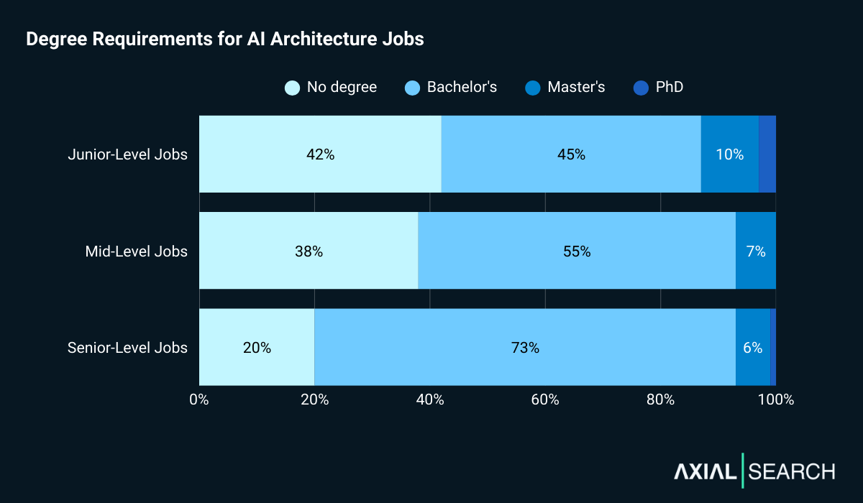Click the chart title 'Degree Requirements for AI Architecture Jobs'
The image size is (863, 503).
(x=224, y=40)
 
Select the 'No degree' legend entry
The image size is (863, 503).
(x=331, y=88)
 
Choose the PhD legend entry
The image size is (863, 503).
(x=658, y=88)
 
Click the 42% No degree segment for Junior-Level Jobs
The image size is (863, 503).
(x=320, y=154)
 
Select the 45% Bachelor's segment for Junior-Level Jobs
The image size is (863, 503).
(x=571, y=154)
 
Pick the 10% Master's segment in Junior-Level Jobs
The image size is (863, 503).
(x=729, y=154)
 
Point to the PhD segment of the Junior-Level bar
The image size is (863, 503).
(x=767, y=154)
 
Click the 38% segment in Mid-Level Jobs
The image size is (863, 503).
(x=309, y=251)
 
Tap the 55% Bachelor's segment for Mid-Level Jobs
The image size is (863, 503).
(x=577, y=251)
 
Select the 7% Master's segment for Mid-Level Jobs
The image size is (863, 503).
(x=756, y=251)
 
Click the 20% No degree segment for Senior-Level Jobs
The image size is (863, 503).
(x=257, y=347)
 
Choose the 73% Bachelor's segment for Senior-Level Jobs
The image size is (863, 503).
(x=525, y=347)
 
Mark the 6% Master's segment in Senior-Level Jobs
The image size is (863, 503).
(x=752, y=347)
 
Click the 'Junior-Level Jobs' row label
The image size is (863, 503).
(x=127, y=154)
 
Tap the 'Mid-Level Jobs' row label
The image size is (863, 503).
(x=136, y=251)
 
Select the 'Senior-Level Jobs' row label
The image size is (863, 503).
(x=127, y=348)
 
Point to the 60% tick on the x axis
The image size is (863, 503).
(x=545, y=400)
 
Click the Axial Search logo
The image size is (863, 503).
(x=754, y=471)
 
